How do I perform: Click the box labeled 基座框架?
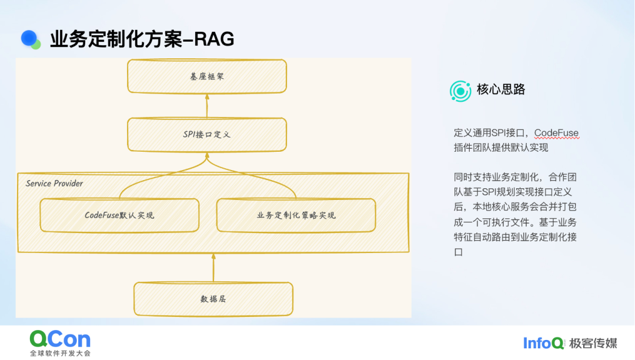click(x=207, y=76)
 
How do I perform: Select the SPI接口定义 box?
click(x=207, y=135)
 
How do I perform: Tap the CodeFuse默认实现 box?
click(x=119, y=215)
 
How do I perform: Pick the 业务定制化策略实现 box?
click(x=296, y=215)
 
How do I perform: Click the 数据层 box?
click(x=213, y=299)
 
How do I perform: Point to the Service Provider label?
click(x=54, y=184)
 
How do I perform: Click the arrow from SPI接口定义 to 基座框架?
click(x=207, y=106)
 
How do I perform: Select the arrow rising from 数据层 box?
click(x=213, y=268)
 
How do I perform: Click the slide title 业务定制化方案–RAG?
click(x=142, y=39)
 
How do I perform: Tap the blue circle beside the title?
click(x=29, y=38)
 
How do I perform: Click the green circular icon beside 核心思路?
click(x=460, y=91)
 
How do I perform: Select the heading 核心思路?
click(x=501, y=89)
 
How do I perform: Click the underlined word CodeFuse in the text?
click(x=556, y=133)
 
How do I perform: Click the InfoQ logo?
click(x=543, y=344)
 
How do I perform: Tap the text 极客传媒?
click(x=593, y=344)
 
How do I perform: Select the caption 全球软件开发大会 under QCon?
click(x=61, y=353)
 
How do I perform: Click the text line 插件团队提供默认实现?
click(x=501, y=148)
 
